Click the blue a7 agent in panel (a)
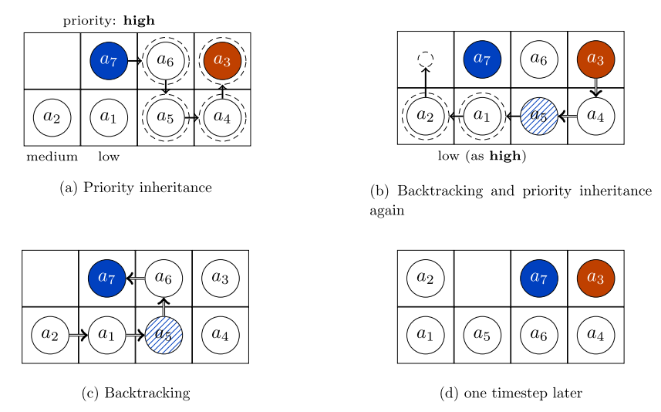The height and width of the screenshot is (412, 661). tap(109, 60)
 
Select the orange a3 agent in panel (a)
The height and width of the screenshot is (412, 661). tap(222, 60)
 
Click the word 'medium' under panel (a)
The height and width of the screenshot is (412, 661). tap(52, 157)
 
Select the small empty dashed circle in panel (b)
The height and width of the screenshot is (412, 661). tap(425, 59)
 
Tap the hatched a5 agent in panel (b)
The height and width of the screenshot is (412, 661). tap(539, 117)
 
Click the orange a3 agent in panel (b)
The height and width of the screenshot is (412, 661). tap(595, 59)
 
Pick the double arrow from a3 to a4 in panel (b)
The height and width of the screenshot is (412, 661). tap(595, 88)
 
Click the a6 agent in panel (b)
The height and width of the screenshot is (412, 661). tap(539, 59)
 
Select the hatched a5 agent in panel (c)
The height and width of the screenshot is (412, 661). tap(164, 336)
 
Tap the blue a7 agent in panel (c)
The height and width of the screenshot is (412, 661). tap(107, 278)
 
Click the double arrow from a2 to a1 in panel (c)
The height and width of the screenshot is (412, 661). tap(78, 336)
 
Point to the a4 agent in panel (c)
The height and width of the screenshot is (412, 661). tap(221, 336)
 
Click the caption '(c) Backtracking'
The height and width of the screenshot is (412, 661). tap(136, 393)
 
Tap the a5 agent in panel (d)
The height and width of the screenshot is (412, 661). tap(482, 335)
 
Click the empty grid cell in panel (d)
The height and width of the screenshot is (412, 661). tap(482, 278)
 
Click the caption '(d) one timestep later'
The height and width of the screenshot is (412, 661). tap(511, 393)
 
